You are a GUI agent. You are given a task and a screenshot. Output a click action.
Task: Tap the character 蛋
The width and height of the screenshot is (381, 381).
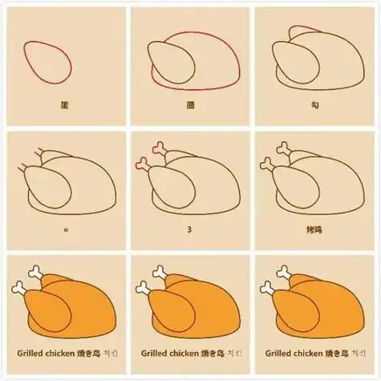click(x=63, y=105)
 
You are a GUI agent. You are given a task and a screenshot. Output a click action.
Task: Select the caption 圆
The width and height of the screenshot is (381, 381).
click(x=189, y=105)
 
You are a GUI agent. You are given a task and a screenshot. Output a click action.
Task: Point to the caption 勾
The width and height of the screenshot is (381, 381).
click(x=315, y=105)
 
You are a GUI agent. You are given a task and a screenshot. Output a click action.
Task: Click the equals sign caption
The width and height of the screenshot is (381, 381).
click(x=63, y=229)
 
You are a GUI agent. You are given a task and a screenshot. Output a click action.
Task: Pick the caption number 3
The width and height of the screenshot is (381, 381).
click(x=189, y=229)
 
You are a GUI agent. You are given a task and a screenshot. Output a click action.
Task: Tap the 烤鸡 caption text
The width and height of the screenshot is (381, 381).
click(x=315, y=229)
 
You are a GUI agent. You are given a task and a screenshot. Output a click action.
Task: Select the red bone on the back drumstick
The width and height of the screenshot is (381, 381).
click(x=160, y=148)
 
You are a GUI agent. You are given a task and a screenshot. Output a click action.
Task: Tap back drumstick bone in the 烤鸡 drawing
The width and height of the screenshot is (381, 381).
click(x=285, y=148)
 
